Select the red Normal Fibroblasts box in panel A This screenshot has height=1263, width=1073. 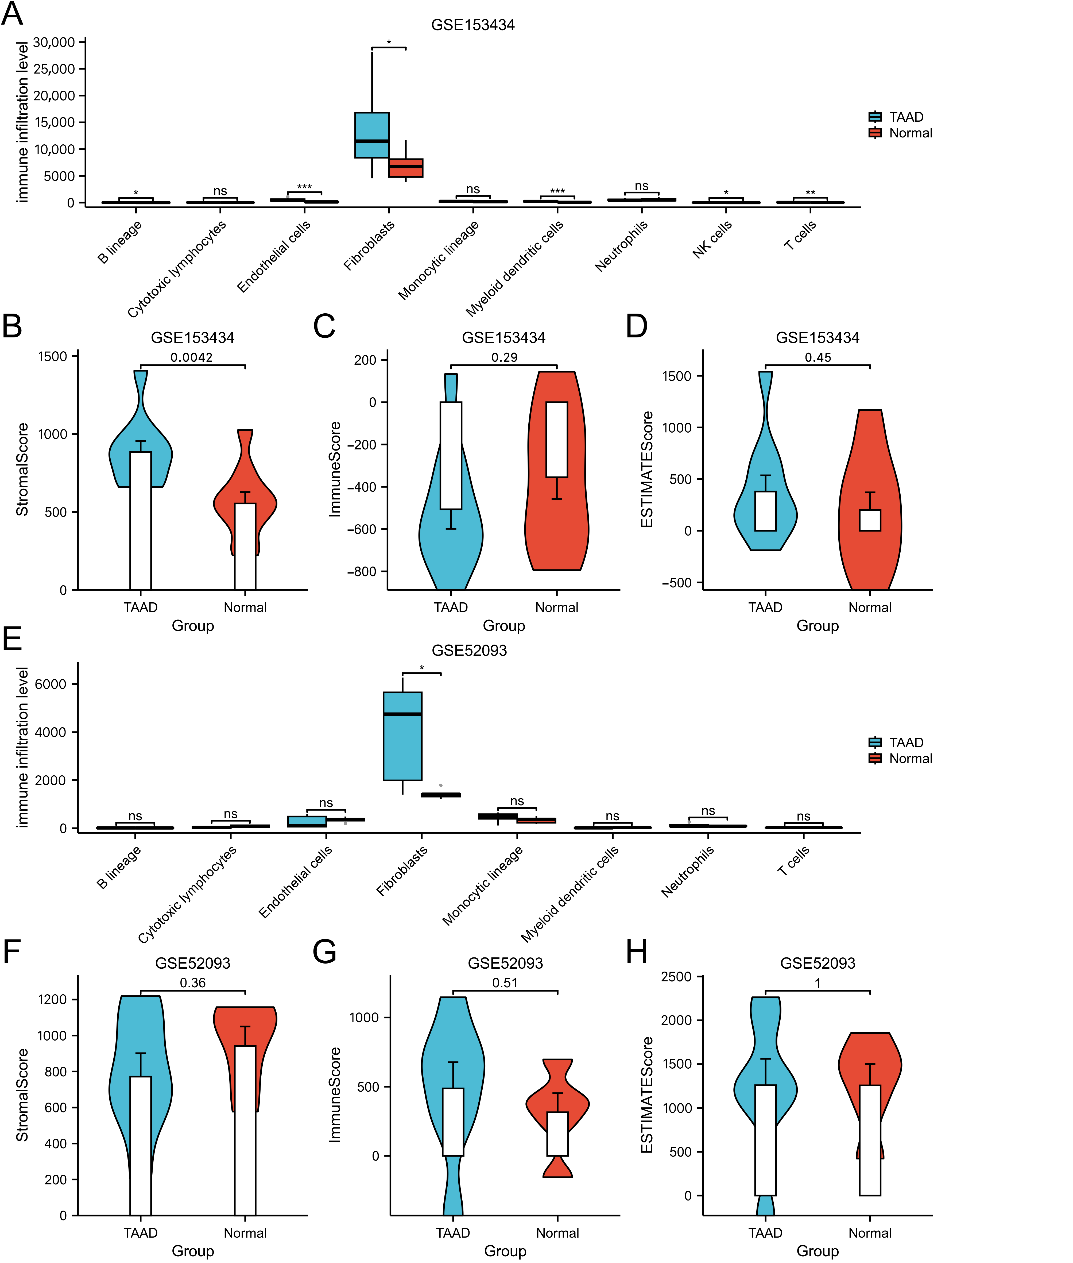406,168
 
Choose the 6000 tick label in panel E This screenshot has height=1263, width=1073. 51,684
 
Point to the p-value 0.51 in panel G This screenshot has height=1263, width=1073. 505,983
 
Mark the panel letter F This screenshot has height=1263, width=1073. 12,952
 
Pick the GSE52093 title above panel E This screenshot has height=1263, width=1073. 469,650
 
